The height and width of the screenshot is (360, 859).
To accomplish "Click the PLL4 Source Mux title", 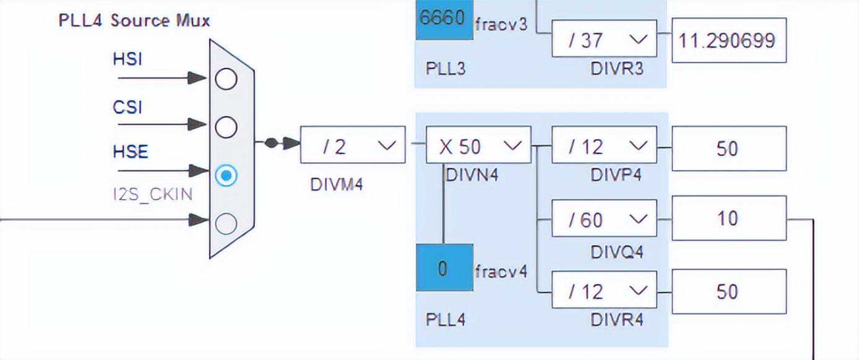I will pyautogui.click(x=134, y=20).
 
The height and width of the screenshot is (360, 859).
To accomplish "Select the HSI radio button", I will pyautogui.click(x=226, y=79).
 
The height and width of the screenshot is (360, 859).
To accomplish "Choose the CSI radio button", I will pyautogui.click(x=226, y=127).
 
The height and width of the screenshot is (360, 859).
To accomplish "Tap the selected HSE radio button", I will pyautogui.click(x=226, y=176).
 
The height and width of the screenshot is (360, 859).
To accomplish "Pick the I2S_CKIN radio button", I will pyautogui.click(x=226, y=223).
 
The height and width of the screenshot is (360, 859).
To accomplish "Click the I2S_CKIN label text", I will pyautogui.click(x=152, y=194).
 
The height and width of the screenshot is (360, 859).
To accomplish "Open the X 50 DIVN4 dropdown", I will pyautogui.click(x=478, y=146).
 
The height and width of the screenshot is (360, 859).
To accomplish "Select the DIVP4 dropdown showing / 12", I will pyautogui.click(x=604, y=147).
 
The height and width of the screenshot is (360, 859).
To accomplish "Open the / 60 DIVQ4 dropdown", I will pyautogui.click(x=604, y=219).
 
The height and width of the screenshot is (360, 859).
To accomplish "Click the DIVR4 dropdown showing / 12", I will pyautogui.click(x=604, y=290).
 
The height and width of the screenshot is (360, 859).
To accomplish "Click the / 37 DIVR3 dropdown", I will pyautogui.click(x=604, y=40).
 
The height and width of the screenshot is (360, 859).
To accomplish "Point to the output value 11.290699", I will pyautogui.click(x=729, y=41).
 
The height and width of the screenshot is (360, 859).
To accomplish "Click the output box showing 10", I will pyautogui.click(x=729, y=218).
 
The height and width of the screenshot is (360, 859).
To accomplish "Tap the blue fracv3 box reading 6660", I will pyautogui.click(x=444, y=19).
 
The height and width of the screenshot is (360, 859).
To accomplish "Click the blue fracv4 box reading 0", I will pyautogui.click(x=444, y=269).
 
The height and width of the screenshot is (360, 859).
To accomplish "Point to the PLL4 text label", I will pyautogui.click(x=446, y=320).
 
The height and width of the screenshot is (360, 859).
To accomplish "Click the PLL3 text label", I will pyautogui.click(x=446, y=67).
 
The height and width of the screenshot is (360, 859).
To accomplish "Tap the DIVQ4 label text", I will pyautogui.click(x=616, y=252).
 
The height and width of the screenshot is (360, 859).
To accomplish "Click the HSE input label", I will pyautogui.click(x=131, y=152).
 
